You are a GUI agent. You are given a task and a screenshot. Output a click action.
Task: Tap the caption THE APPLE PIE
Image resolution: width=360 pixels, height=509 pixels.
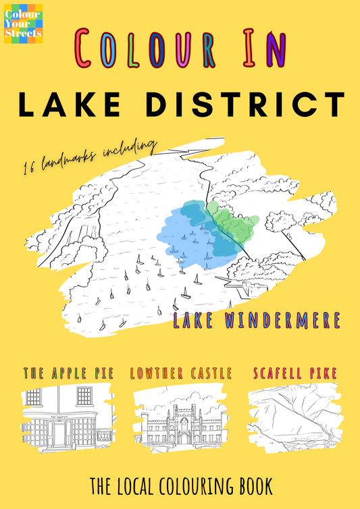point(68,373)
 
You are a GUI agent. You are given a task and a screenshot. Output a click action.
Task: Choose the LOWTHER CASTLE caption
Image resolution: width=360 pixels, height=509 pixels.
point(180,373)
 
